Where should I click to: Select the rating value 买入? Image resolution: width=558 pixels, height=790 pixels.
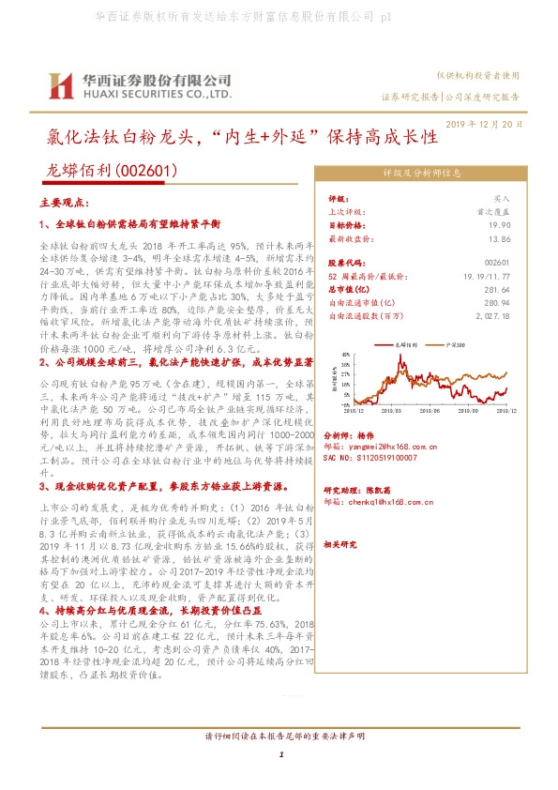pyautogui.click(x=502, y=200)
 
